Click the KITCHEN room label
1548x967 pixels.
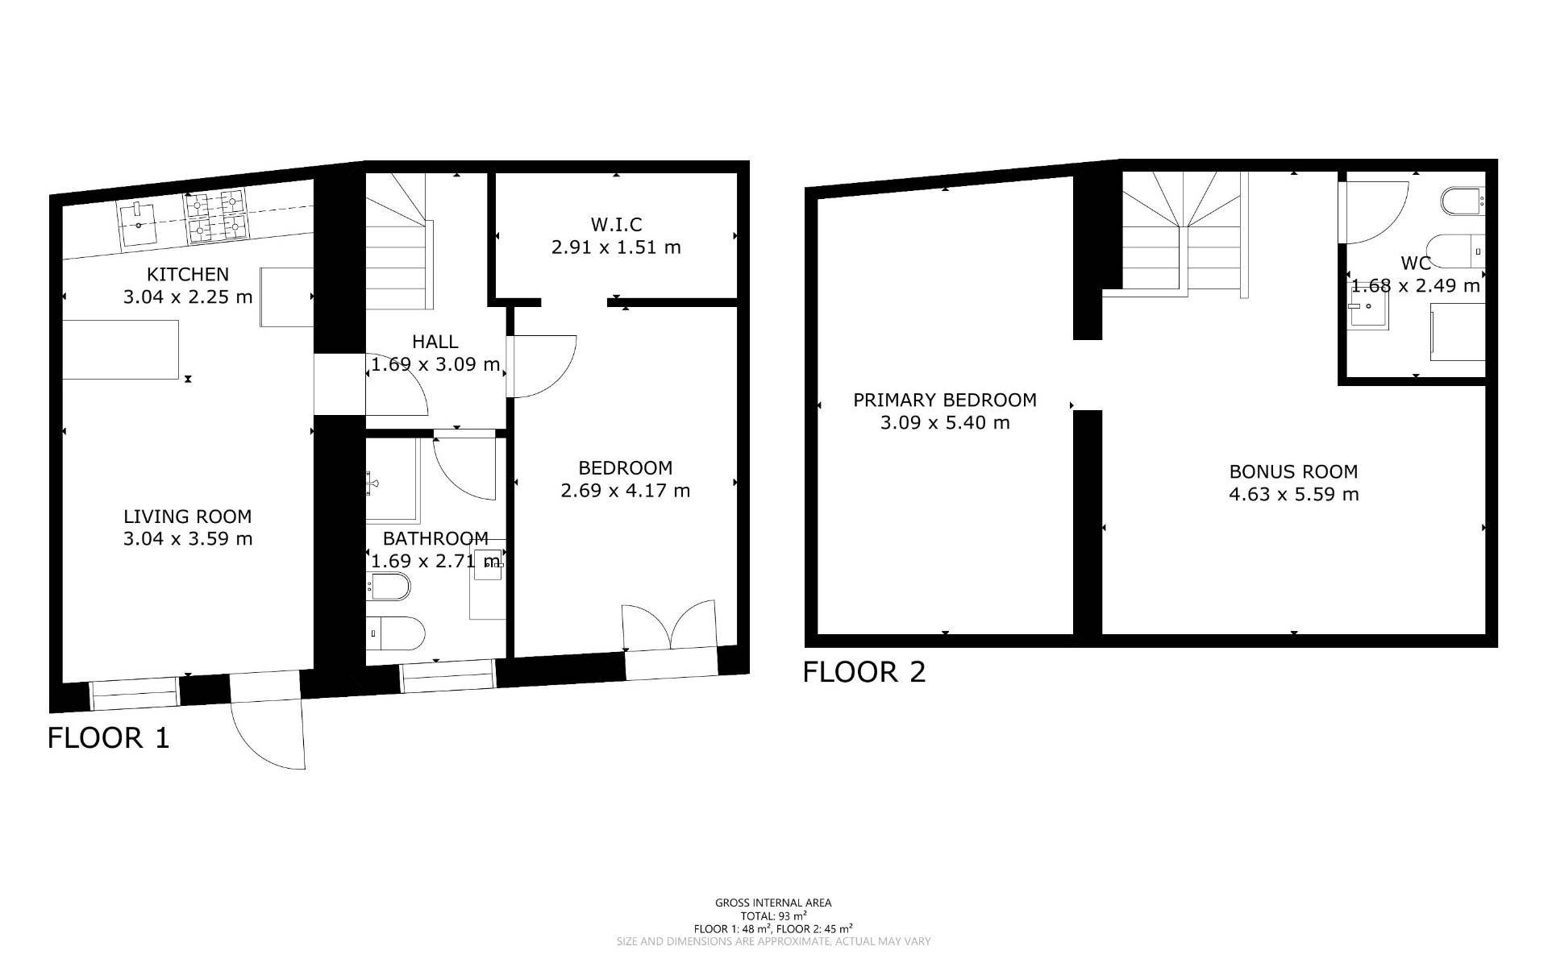point(188,274)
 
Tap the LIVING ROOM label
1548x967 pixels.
point(188,517)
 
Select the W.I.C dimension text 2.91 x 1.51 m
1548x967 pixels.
point(616,247)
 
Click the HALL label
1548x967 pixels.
point(435,342)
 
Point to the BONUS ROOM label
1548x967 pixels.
point(1293,471)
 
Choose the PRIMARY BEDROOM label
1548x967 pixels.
point(945,400)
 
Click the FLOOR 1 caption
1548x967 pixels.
point(109,737)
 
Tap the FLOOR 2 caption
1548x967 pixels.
point(864,671)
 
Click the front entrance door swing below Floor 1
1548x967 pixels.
point(268,735)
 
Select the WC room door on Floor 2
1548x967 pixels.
point(1373,212)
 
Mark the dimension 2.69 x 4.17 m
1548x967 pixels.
point(626,491)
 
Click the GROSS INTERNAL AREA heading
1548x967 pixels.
point(773,903)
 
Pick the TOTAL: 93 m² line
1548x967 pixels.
point(773,916)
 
